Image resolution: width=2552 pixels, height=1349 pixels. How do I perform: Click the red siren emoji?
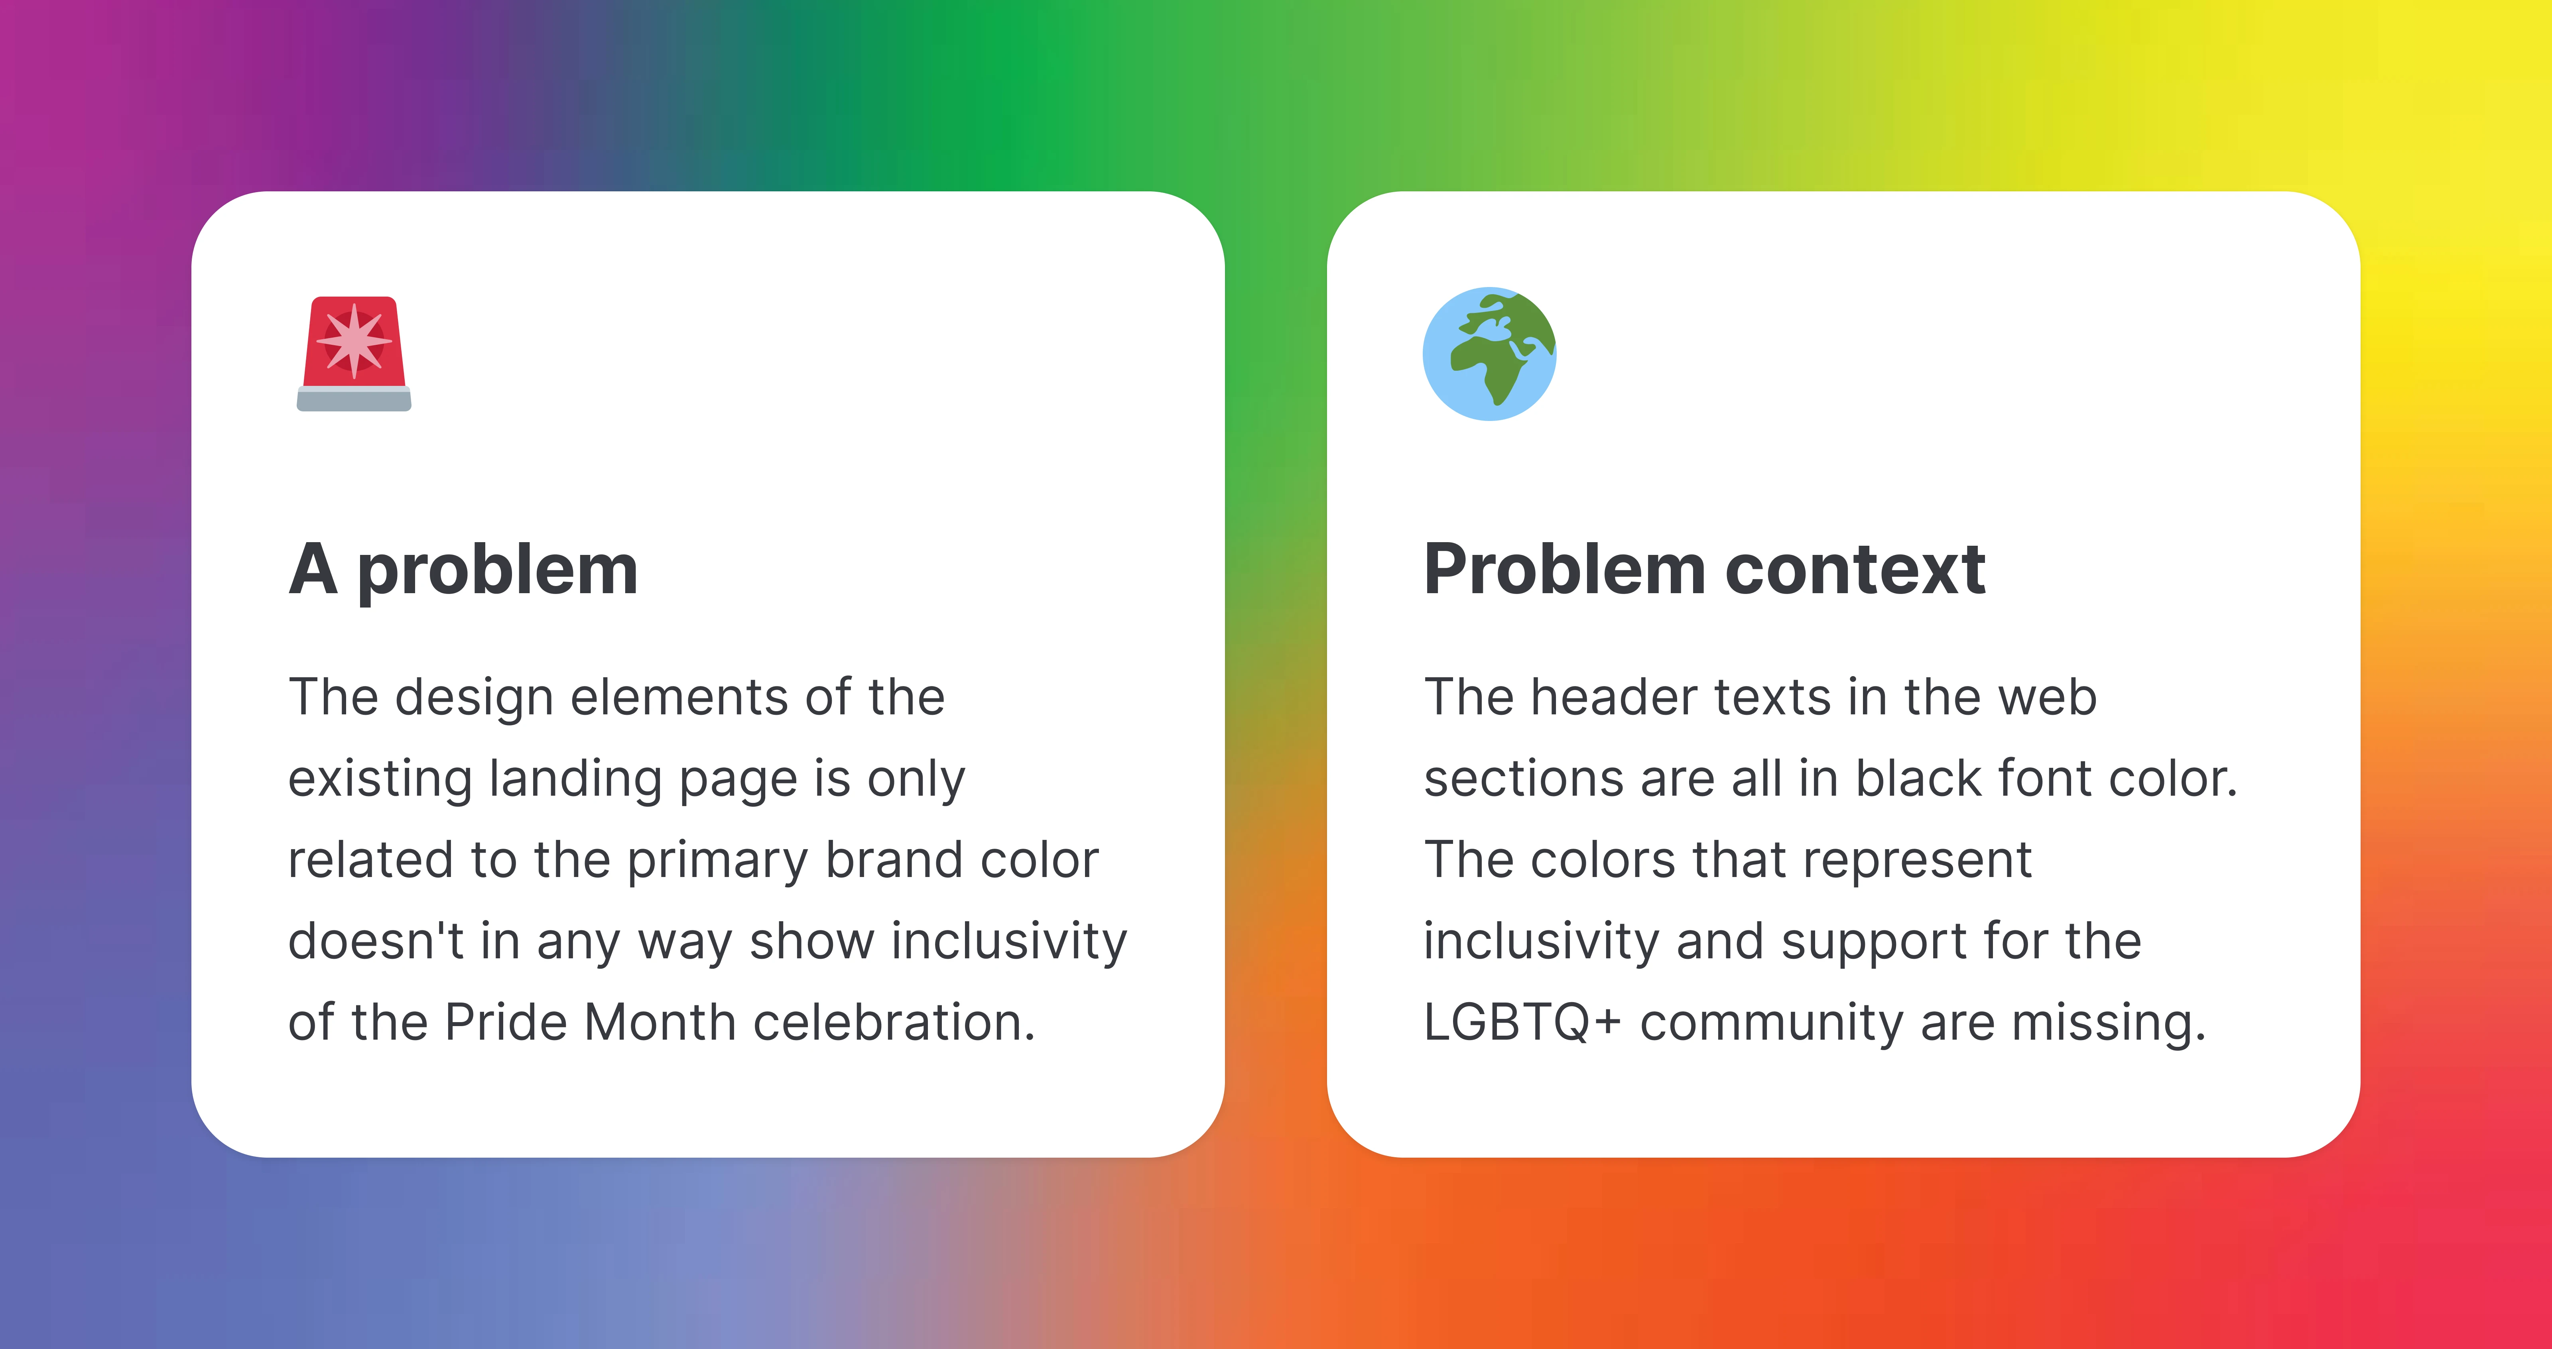click(354, 354)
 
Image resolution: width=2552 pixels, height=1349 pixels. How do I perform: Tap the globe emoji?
click(1489, 354)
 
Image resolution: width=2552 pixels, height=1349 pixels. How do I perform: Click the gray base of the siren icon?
click(354, 399)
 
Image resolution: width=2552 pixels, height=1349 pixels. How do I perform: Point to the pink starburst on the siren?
click(354, 341)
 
